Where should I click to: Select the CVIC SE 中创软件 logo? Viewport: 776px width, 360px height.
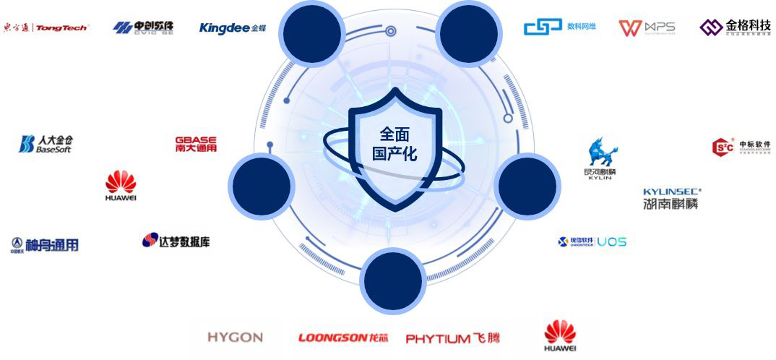pyautogui.click(x=143, y=27)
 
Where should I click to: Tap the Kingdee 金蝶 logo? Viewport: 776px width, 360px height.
pyautogui.click(x=233, y=27)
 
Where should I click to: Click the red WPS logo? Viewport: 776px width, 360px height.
pyautogui.click(x=647, y=27)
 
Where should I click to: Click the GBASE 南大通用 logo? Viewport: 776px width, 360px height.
pyautogui.click(x=196, y=144)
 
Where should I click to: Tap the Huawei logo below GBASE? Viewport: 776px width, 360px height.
pyautogui.click(x=121, y=186)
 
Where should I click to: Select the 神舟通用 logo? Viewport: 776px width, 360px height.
pyautogui.click(x=45, y=245)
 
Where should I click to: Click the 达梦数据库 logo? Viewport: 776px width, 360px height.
pyautogui.click(x=176, y=241)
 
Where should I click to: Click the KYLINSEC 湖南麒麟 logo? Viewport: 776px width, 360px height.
pyautogui.click(x=671, y=199)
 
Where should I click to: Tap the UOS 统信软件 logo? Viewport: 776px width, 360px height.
pyautogui.click(x=592, y=241)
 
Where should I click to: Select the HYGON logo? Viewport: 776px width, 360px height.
pyautogui.click(x=235, y=338)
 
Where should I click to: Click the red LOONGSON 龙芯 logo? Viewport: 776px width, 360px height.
pyautogui.click(x=342, y=338)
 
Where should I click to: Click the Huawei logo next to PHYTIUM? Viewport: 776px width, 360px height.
pyautogui.click(x=560, y=337)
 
